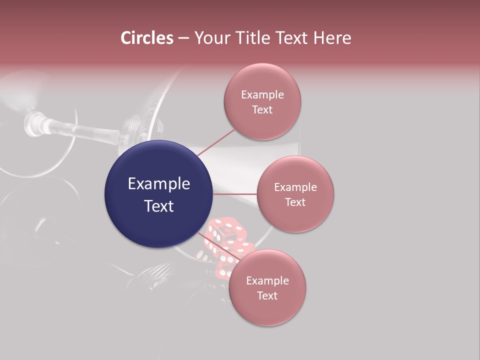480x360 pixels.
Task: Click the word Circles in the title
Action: tap(147, 38)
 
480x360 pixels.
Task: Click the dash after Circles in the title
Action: tap(183, 38)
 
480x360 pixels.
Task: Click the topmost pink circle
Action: tap(262, 101)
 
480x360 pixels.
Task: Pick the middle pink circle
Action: tap(295, 194)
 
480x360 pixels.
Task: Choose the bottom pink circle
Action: tap(267, 287)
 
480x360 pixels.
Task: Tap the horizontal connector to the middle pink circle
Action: tap(235, 194)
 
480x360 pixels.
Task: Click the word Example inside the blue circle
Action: tap(159, 184)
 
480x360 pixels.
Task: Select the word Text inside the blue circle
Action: tap(159, 205)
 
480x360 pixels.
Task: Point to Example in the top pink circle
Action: tap(262, 94)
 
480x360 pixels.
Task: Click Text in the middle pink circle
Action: tap(295, 202)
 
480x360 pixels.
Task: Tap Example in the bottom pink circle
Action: tap(267, 280)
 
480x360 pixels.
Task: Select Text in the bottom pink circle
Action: tap(267, 295)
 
